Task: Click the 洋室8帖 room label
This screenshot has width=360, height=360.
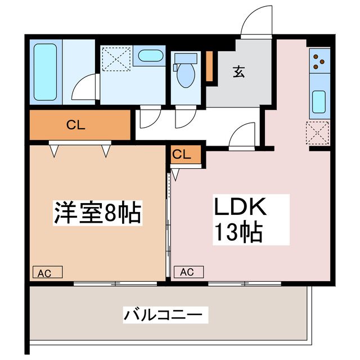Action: coord(97,213)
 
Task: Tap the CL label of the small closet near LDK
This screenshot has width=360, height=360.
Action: coord(182,154)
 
